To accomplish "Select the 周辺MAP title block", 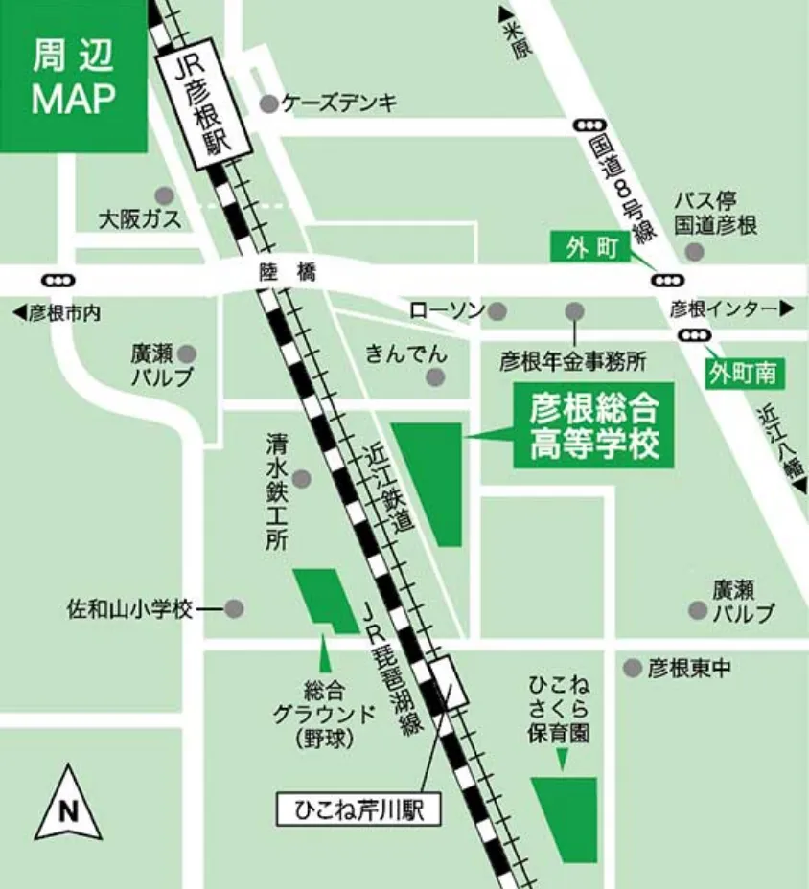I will [x=74, y=77].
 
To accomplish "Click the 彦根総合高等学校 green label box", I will [x=593, y=425].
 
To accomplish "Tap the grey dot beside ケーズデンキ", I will [x=269, y=103].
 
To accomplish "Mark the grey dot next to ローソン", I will [x=498, y=310].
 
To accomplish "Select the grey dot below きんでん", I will [x=437, y=377].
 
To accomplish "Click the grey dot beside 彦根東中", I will [x=633, y=668].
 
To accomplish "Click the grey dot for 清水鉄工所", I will [x=302, y=478].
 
